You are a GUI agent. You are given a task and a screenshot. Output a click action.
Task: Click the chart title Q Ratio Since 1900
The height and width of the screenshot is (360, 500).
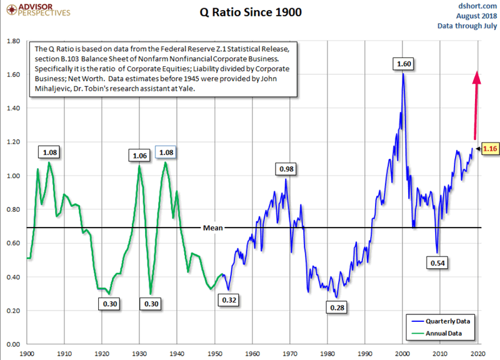click(250, 13)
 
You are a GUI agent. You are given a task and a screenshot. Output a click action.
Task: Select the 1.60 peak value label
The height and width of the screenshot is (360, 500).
click(403, 63)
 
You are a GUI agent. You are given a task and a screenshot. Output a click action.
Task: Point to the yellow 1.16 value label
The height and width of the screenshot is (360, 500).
click(490, 148)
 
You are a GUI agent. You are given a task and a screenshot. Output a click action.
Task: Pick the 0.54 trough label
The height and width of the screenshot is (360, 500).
click(438, 263)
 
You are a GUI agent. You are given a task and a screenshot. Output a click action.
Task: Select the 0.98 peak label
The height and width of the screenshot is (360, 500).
click(287, 169)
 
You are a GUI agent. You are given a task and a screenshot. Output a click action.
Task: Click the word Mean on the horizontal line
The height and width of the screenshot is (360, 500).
click(212, 228)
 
